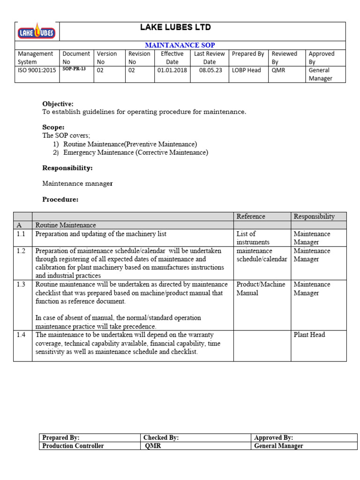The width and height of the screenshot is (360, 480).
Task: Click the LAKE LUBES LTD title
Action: [176, 28]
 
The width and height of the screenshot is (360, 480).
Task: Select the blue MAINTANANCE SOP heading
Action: [180, 45]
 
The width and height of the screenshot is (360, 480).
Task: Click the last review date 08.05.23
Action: [209, 70]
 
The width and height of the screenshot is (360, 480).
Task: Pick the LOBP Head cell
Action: [247, 70]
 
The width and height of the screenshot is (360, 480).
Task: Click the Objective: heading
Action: [58, 104]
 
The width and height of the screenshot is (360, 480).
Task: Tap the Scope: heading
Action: [53, 127]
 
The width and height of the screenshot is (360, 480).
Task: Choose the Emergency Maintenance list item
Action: [135, 152]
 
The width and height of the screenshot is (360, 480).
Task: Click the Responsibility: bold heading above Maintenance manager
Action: [67, 168]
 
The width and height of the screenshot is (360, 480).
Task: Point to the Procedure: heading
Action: [60, 199]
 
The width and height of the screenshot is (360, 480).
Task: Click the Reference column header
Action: [251, 217]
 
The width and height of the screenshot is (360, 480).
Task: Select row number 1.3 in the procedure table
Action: [21, 285]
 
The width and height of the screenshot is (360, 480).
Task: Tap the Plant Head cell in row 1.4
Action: [309, 335]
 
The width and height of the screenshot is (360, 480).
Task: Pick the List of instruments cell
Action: [253, 238]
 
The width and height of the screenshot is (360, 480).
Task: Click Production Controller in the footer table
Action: [73, 446]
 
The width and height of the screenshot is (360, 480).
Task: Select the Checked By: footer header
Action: [161, 438]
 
